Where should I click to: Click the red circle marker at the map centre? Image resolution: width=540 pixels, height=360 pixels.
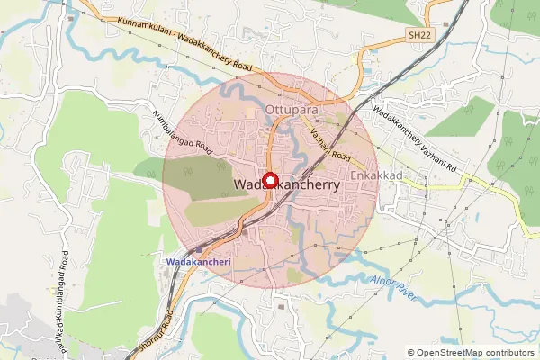point(269,180)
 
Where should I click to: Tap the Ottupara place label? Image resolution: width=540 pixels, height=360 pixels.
point(292,111)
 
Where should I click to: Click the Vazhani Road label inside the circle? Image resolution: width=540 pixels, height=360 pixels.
point(329,143)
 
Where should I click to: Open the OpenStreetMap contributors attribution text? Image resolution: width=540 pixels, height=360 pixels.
point(475,352)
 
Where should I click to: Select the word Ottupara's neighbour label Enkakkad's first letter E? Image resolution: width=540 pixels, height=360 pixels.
point(355,175)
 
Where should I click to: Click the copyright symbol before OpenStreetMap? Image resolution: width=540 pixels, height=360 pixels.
point(411,352)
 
